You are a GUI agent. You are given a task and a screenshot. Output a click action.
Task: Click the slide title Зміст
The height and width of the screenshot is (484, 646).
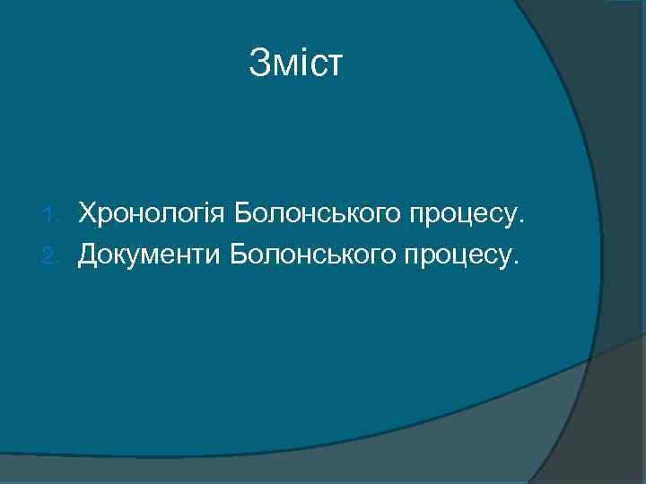pyautogui.click(x=295, y=63)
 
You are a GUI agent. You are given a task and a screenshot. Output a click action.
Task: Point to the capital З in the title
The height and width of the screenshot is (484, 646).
pyautogui.click(x=259, y=63)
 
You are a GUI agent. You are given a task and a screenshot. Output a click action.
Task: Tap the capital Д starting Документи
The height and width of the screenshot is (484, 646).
pyautogui.click(x=89, y=256)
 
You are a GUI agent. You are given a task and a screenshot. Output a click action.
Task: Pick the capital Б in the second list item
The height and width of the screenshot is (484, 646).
pyautogui.click(x=240, y=256)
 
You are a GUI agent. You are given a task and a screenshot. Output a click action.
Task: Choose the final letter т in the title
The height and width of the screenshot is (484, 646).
pyautogui.click(x=334, y=65)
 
